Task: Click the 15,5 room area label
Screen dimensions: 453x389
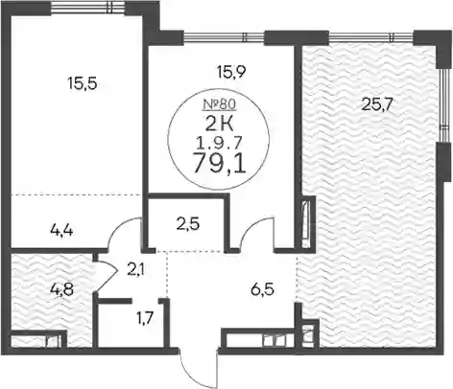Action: (82, 84)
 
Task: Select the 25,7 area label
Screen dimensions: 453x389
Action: (376, 104)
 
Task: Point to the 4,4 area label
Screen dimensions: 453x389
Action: (61, 230)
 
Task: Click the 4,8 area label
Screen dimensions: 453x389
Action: (62, 289)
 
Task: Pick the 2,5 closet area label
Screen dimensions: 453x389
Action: (188, 223)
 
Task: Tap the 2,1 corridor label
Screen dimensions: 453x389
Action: (136, 271)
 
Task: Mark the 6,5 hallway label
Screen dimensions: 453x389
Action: (262, 290)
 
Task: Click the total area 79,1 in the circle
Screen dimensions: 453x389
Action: (219, 165)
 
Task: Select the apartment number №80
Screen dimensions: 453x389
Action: (219, 104)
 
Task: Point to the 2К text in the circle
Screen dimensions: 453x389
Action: (220, 125)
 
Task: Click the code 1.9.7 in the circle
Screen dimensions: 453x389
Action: (219, 145)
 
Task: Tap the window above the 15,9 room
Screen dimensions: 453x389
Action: (225, 36)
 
